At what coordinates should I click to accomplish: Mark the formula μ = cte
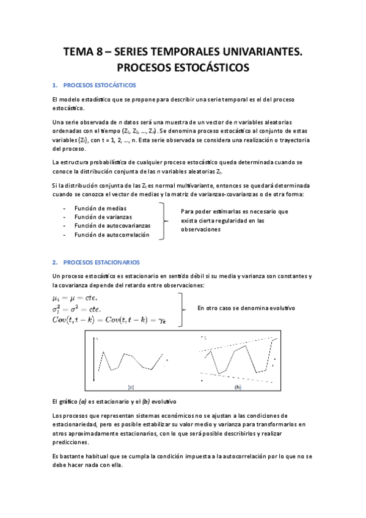tap(76, 298)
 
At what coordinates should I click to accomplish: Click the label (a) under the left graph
tap(130, 387)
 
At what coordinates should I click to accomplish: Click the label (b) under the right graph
tap(237, 387)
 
